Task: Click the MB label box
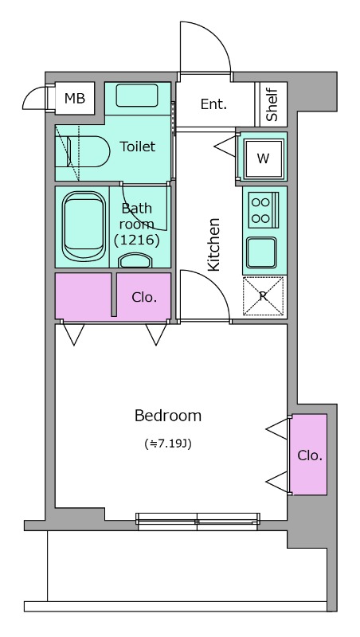(x=75, y=98)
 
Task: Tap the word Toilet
(x=138, y=147)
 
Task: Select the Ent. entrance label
(x=213, y=104)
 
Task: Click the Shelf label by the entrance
(x=272, y=104)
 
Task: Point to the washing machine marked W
(x=264, y=158)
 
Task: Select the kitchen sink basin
(x=262, y=252)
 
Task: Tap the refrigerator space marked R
(x=263, y=295)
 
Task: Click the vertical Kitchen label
(x=213, y=244)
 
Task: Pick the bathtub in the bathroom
(x=84, y=227)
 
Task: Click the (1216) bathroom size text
(x=136, y=240)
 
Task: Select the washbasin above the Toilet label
(x=136, y=95)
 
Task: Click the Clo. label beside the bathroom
(x=144, y=297)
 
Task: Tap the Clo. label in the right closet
(x=310, y=455)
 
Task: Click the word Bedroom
(x=168, y=416)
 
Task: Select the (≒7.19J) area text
(x=168, y=444)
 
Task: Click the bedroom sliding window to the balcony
(x=198, y=522)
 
